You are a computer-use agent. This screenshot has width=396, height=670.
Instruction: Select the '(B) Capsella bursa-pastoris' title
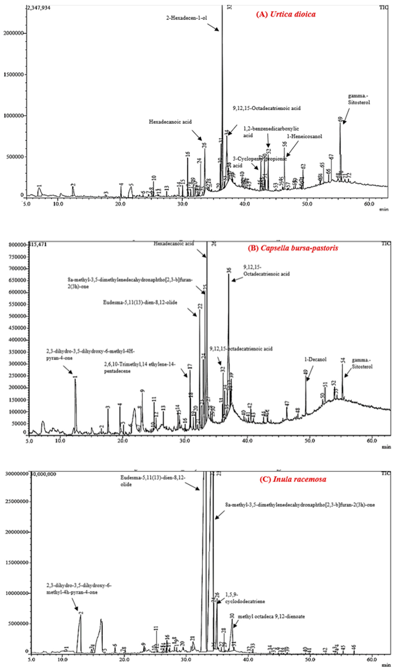(293, 248)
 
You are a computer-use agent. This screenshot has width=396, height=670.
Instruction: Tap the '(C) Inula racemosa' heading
(293, 479)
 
